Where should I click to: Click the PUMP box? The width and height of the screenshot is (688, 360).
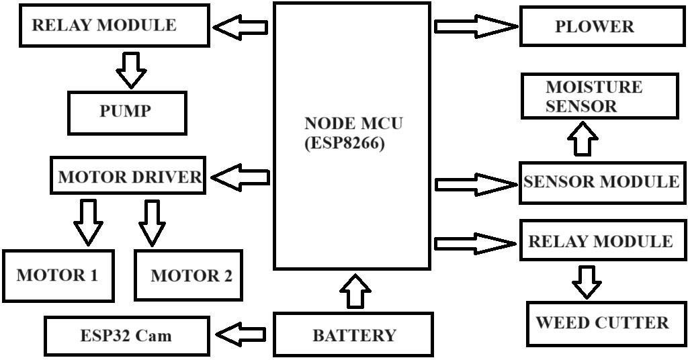click(x=126, y=112)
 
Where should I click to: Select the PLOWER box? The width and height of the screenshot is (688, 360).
click(x=594, y=27)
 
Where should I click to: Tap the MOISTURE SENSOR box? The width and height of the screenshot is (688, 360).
click(x=599, y=97)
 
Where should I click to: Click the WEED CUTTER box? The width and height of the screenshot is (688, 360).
click(x=602, y=323)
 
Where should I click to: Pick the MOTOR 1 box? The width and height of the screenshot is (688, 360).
click(x=58, y=275)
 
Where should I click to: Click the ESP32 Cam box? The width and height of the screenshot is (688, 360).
click(x=126, y=335)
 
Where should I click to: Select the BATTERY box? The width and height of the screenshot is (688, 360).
click(x=353, y=334)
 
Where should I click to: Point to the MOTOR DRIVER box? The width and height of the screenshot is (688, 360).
click(x=128, y=177)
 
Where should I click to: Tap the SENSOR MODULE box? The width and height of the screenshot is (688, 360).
click(x=602, y=182)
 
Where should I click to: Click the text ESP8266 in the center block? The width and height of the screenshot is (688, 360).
click(x=345, y=143)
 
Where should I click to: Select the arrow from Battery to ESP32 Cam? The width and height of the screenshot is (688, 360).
click(x=240, y=334)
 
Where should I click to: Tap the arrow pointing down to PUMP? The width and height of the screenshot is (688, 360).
click(x=131, y=69)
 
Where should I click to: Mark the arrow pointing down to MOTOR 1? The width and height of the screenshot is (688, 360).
click(x=88, y=221)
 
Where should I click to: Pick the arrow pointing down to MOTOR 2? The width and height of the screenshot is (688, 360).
click(x=153, y=221)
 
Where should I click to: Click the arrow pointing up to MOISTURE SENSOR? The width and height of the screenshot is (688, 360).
click(x=583, y=140)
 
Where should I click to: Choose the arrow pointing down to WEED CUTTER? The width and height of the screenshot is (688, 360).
click(x=587, y=281)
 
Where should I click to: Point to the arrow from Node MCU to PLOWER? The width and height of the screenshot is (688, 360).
click(x=476, y=26)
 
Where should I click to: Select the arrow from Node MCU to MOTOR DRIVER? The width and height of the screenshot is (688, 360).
click(x=241, y=177)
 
